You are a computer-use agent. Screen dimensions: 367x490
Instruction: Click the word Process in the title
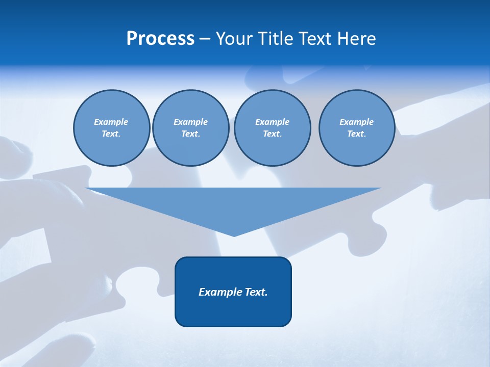pyautogui.click(x=160, y=39)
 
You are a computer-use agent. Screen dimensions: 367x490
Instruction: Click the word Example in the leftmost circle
pyautogui.click(x=111, y=122)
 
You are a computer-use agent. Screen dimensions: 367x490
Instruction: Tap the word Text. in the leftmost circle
pyautogui.click(x=111, y=134)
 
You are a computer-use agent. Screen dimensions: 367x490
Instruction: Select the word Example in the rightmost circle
pyautogui.click(x=356, y=122)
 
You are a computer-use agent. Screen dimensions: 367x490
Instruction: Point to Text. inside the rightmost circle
pyautogui.click(x=356, y=134)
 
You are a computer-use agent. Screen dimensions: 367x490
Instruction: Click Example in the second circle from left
pyautogui.click(x=190, y=122)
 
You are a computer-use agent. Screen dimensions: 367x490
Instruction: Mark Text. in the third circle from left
pyautogui.click(x=272, y=134)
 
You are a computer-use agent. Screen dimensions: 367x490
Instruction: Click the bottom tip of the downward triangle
pyautogui.click(x=234, y=235)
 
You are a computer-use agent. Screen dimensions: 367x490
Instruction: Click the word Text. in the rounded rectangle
pyautogui.click(x=256, y=292)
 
